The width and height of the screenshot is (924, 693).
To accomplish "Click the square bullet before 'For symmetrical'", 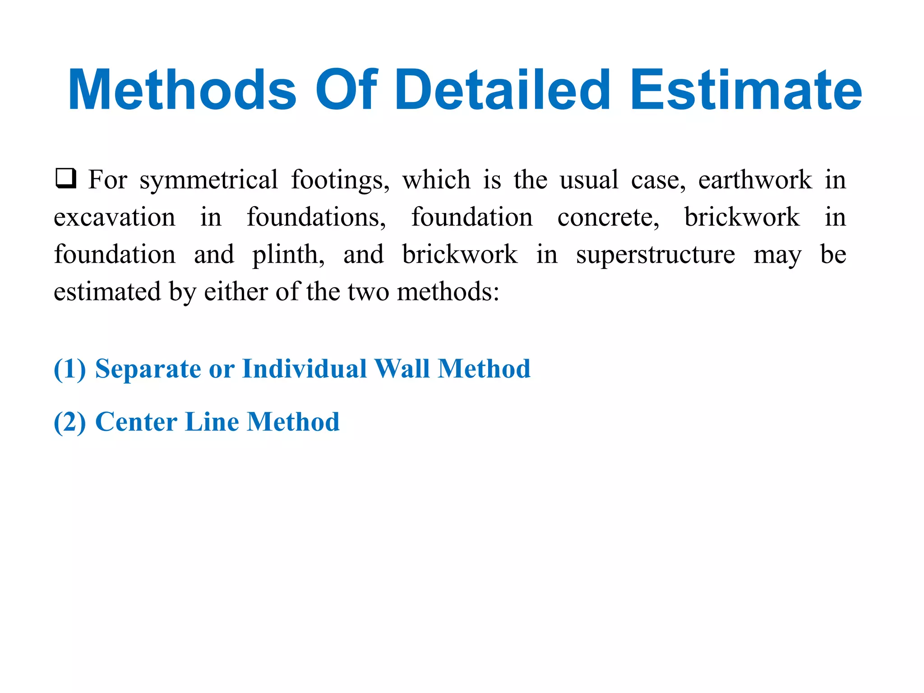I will click(65, 178).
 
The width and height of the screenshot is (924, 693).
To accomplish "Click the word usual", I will click(589, 180).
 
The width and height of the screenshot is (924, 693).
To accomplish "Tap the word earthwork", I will click(755, 180).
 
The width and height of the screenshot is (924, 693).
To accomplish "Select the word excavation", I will click(115, 217).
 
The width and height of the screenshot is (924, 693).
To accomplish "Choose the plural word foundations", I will click(316, 217).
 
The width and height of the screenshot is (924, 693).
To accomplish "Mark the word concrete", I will click(608, 217).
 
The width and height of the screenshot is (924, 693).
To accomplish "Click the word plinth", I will click(288, 255).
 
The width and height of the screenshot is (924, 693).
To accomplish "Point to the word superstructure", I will click(656, 255).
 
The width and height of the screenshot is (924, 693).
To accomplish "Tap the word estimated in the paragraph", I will click(107, 292).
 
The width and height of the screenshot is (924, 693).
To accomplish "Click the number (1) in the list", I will click(69, 369).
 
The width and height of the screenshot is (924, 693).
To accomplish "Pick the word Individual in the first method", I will click(305, 369).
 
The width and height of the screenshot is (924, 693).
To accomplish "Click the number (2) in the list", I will click(69, 422).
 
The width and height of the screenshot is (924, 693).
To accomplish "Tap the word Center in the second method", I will click(136, 422).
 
